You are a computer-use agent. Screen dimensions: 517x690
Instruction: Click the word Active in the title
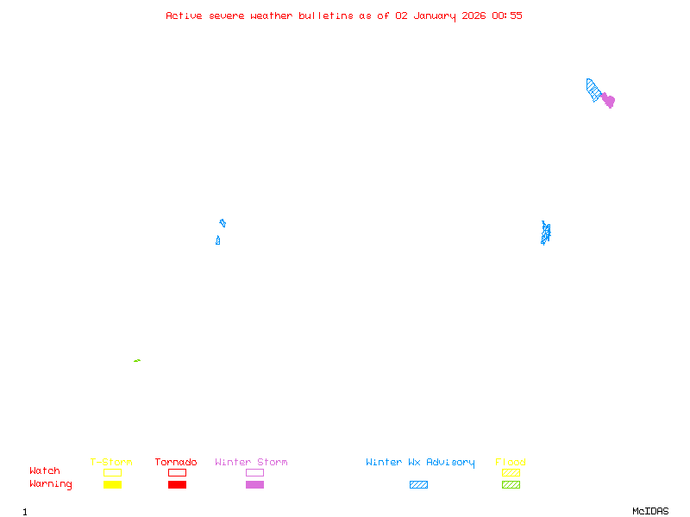tap(185, 16)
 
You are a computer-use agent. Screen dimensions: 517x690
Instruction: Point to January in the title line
tap(432, 16)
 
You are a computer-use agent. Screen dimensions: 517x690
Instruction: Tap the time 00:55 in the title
tap(507, 16)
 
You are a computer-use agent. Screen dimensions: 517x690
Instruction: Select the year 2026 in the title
tap(474, 16)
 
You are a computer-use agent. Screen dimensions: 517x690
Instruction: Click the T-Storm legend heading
tap(111, 462)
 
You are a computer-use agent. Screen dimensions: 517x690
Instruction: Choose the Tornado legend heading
tap(176, 462)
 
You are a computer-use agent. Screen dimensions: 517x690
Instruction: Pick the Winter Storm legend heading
tap(251, 462)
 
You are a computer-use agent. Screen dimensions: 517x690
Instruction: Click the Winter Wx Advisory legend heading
tap(420, 462)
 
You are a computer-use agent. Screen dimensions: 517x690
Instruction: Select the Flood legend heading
tap(511, 462)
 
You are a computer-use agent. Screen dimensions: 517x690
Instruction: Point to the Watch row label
tap(45, 471)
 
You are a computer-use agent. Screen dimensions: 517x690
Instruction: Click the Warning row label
tap(51, 484)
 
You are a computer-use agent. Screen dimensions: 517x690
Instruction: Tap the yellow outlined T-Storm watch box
tap(112, 472)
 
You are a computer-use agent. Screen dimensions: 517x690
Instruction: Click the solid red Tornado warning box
tap(177, 484)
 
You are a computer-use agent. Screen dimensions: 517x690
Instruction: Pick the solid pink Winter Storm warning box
tap(254, 484)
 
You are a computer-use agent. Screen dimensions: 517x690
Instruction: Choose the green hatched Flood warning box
tap(511, 484)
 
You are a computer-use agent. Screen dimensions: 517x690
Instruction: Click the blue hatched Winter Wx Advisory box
tap(418, 484)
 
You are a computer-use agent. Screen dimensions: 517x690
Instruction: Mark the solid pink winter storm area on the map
tap(608, 100)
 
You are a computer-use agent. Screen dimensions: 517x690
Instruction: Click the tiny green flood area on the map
tap(137, 360)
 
